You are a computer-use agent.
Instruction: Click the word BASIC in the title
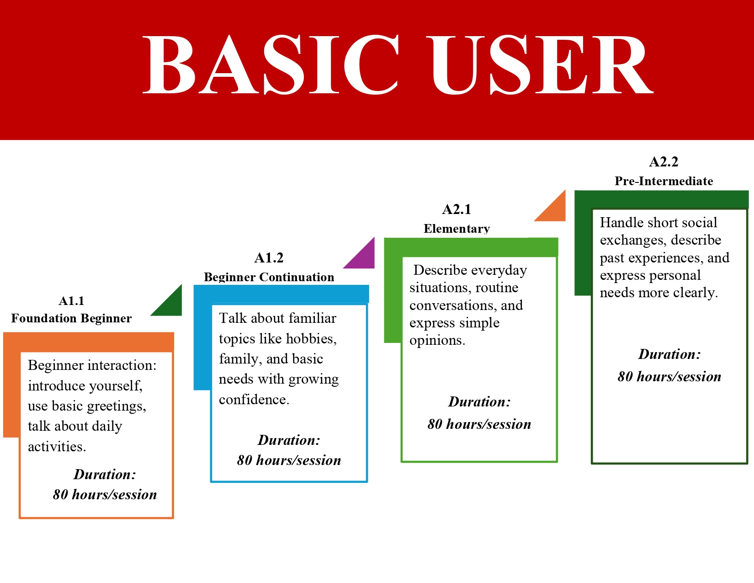click(x=271, y=64)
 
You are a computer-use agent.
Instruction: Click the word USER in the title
click(x=540, y=64)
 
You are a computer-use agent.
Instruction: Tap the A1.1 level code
click(x=71, y=301)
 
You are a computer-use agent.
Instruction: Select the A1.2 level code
click(x=269, y=257)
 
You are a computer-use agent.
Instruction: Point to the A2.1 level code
click(x=457, y=209)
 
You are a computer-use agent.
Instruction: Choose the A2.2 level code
click(x=664, y=162)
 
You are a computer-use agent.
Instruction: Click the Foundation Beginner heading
click(x=71, y=318)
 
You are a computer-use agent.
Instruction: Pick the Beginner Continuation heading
click(x=269, y=277)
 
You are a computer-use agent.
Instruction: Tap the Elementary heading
click(x=457, y=229)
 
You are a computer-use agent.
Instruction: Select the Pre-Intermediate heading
click(x=664, y=181)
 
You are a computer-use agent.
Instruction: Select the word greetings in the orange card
click(x=117, y=406)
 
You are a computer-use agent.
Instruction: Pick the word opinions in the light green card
click(x=437, y=341)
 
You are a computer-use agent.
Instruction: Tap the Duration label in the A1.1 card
click(x=105, y=474)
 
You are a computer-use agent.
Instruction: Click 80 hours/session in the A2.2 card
click(x=669, y=377)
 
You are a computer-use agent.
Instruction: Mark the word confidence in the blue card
click(x=254, y=400)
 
